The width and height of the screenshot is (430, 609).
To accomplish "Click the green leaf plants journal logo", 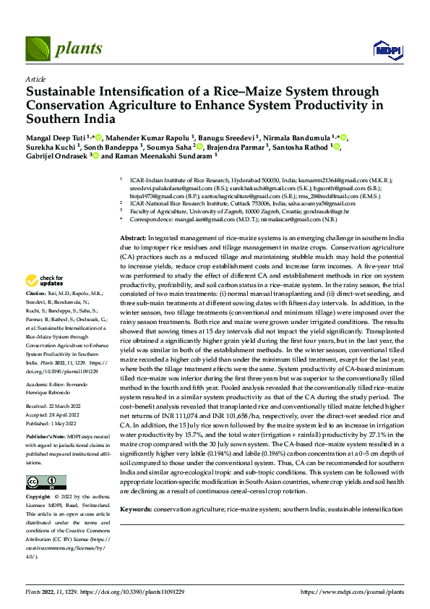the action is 40,48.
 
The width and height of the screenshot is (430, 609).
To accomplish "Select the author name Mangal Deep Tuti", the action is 55,137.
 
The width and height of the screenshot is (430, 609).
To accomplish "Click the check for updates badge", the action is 46,280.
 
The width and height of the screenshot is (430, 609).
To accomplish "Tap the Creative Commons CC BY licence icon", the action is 45,482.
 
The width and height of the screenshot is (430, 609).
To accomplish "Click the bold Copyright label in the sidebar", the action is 39,498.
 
